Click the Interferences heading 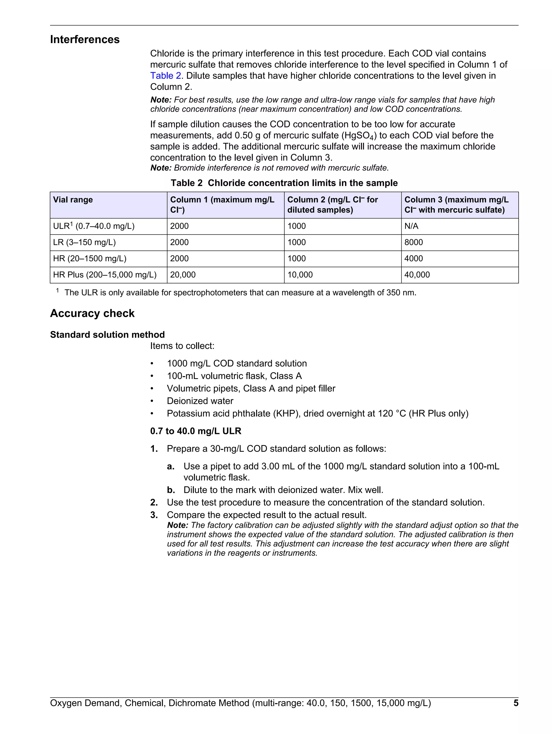point(85,40)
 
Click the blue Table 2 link point(165,76)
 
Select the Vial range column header point(73,200)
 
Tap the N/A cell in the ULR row point(411,226)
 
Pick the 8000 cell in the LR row point(413,243)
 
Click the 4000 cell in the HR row point(413,259)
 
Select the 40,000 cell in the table point(417,275)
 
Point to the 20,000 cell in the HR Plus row point(183,275)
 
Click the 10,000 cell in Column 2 point(300,275)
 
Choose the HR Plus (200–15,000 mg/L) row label point(105,275)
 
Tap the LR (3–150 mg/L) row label point(84,243)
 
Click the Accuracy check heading point(92,313)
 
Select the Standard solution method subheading point(107,335)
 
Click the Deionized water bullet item point(200,401)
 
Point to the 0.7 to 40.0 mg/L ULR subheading point(196,431)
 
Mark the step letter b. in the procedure point(171,490)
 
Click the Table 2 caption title point(284,183)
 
